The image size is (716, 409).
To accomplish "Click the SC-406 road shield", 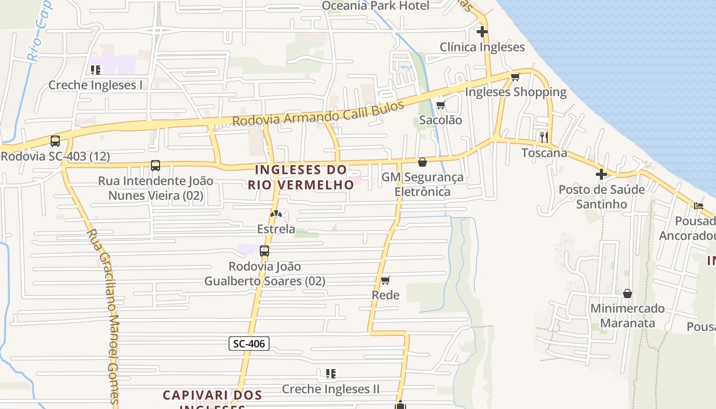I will click(x=249, y=344).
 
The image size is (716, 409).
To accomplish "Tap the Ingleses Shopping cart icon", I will click(x=515, y=77).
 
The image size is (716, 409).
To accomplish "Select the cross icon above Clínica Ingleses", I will click(x=482, y=32).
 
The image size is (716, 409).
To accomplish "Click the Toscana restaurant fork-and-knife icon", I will click(x=544, y=137).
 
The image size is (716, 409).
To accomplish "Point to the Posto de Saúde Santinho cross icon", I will click(x=601, y=174).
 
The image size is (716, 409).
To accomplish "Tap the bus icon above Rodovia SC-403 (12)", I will click(x=55, y=141).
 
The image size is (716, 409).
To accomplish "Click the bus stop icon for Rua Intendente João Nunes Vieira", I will click(x=155, y=166).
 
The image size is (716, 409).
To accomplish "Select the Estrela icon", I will click(x=276, y=214).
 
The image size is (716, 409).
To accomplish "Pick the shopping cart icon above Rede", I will click(x=385, y=280).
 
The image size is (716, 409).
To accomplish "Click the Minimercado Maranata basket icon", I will click(x=627, y=293).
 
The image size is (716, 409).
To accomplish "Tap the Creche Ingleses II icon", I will click(x=330, y=374).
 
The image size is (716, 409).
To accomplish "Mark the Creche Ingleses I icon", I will click(x=95, y=70).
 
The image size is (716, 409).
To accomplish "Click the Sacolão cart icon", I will click(x=440, y=105).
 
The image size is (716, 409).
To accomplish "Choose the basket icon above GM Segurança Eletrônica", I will click(x=422, y=162).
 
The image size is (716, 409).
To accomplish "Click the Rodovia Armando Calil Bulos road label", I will click(x=318, y=115).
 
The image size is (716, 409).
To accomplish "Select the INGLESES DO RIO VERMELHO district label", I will click(x=301, y=177).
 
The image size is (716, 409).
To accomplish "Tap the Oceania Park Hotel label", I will click(x=375, y=6).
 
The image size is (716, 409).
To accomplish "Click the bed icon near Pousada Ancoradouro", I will click(x=699, y=206).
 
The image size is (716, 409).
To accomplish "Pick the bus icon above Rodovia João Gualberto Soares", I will click(x=264, y=251).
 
